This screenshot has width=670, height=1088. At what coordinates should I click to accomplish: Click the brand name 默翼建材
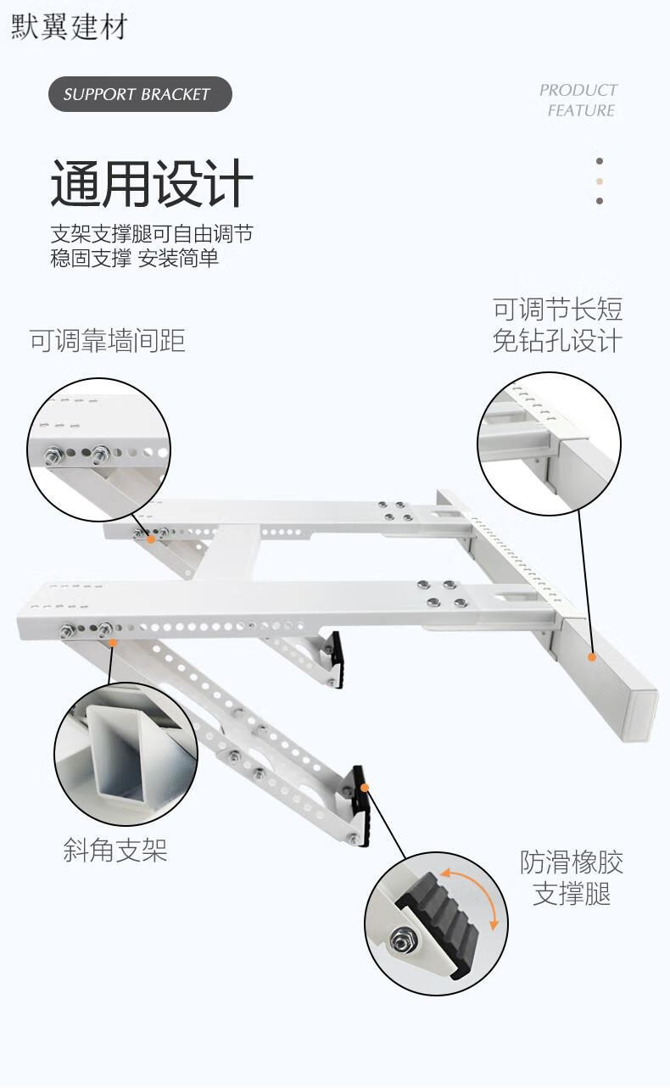(x=70, y=26)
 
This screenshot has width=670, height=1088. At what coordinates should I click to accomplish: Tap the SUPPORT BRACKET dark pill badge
(x=140, y=94)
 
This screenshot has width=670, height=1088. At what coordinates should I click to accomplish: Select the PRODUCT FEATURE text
(x=578, y=100)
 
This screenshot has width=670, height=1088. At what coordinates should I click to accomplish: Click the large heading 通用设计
(x=152, y=183)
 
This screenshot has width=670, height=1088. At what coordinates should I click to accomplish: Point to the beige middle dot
(x=600, y=181)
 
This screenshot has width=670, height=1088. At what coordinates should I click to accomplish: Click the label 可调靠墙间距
(x=108, y=340)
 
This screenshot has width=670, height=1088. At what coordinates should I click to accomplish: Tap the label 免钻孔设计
(x=557, y=341)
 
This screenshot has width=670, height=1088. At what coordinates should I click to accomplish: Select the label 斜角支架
(x=115, y=850)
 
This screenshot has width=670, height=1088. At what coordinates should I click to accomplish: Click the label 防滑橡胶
(x=572, y=862)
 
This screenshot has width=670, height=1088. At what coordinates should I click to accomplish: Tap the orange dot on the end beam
(x=592, y=657)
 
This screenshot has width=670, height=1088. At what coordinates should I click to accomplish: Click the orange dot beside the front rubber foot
(x=365, y=787)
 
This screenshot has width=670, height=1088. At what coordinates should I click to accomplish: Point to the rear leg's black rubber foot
(x=338, y=660)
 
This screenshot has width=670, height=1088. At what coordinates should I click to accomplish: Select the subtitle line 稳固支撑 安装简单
(x=135, y=258)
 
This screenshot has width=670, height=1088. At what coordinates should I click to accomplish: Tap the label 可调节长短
(x=558, y=310)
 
